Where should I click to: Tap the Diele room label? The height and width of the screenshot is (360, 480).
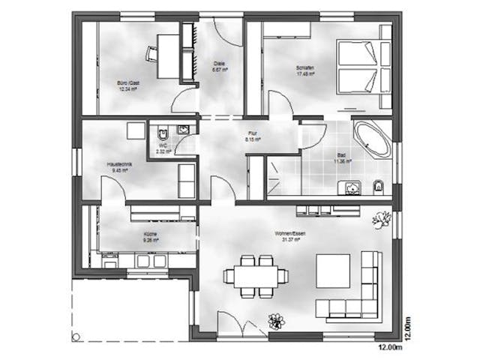(x=219, y=65)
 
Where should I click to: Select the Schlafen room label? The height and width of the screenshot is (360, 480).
(x=304, y=70)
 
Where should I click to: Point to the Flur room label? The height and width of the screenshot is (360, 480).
(x=253, y=137)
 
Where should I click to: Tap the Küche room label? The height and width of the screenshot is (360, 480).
(x=151, y=238)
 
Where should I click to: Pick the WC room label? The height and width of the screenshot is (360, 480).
(x=162, y=148)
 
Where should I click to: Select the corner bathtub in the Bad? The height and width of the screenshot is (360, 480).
(x=371, y=138)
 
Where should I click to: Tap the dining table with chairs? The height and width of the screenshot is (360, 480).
(x=256, y=275)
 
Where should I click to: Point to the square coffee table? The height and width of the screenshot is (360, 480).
(x=332, y=271)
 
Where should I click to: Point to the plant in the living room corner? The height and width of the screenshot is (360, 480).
(x=383, y=220)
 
